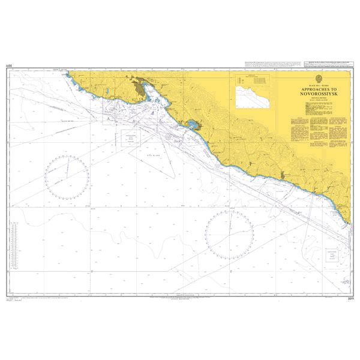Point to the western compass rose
tap(67, 176)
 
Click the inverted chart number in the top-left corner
tap(8, 65)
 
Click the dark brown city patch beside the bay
tap(140, 89)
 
